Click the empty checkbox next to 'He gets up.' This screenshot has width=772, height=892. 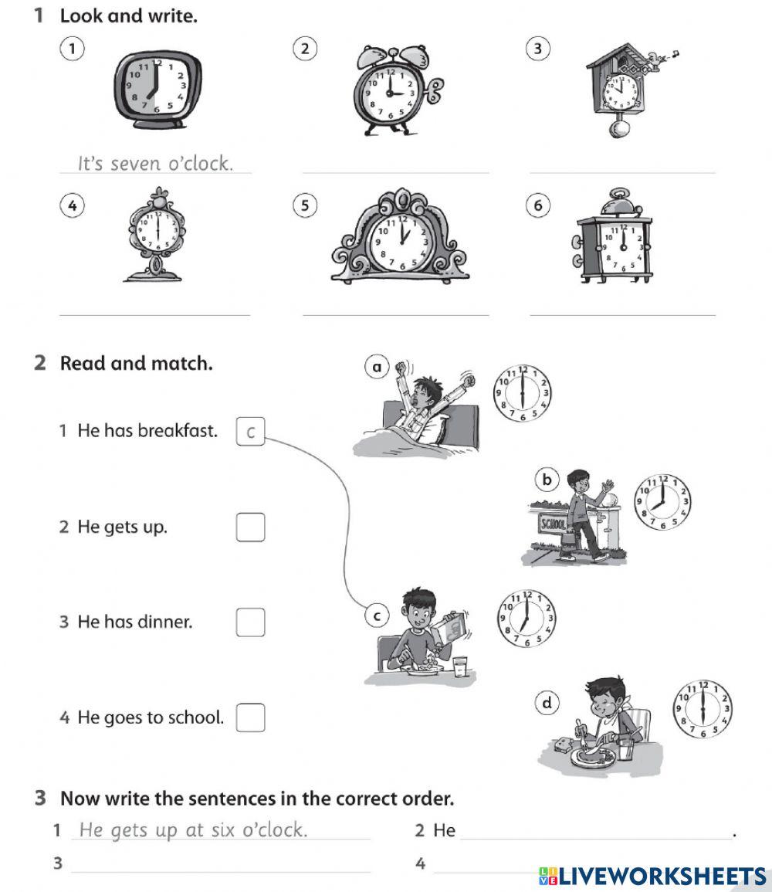250,527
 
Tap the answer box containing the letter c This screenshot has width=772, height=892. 250,432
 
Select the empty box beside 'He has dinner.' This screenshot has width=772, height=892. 250,622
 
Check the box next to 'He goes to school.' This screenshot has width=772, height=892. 250,717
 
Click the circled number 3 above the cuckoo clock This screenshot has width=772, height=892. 538,49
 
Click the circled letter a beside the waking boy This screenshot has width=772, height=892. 377,368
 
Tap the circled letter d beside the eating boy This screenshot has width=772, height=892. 547,702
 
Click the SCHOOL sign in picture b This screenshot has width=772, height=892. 553,524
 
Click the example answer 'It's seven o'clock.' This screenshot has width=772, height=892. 155,164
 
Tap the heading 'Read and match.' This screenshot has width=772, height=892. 136,363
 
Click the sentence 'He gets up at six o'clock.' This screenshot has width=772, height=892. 193,830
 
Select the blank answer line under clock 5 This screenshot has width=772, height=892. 396,309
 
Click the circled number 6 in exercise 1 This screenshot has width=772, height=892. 538,205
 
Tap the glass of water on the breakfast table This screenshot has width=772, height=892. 461,666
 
